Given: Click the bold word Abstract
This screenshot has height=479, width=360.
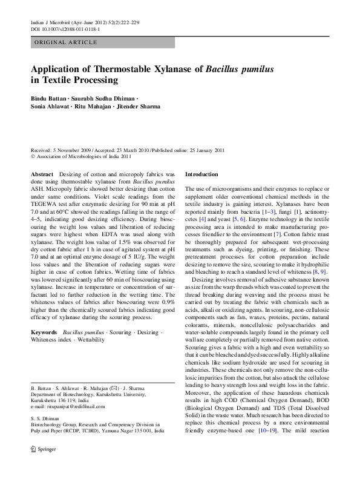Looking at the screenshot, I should [x=42, y=174].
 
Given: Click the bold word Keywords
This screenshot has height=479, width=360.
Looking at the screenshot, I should [x=44, y=333].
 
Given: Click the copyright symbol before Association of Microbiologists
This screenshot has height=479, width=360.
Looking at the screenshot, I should [x=33, y=156].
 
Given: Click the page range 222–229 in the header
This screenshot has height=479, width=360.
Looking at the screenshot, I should [x=128, y=22].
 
